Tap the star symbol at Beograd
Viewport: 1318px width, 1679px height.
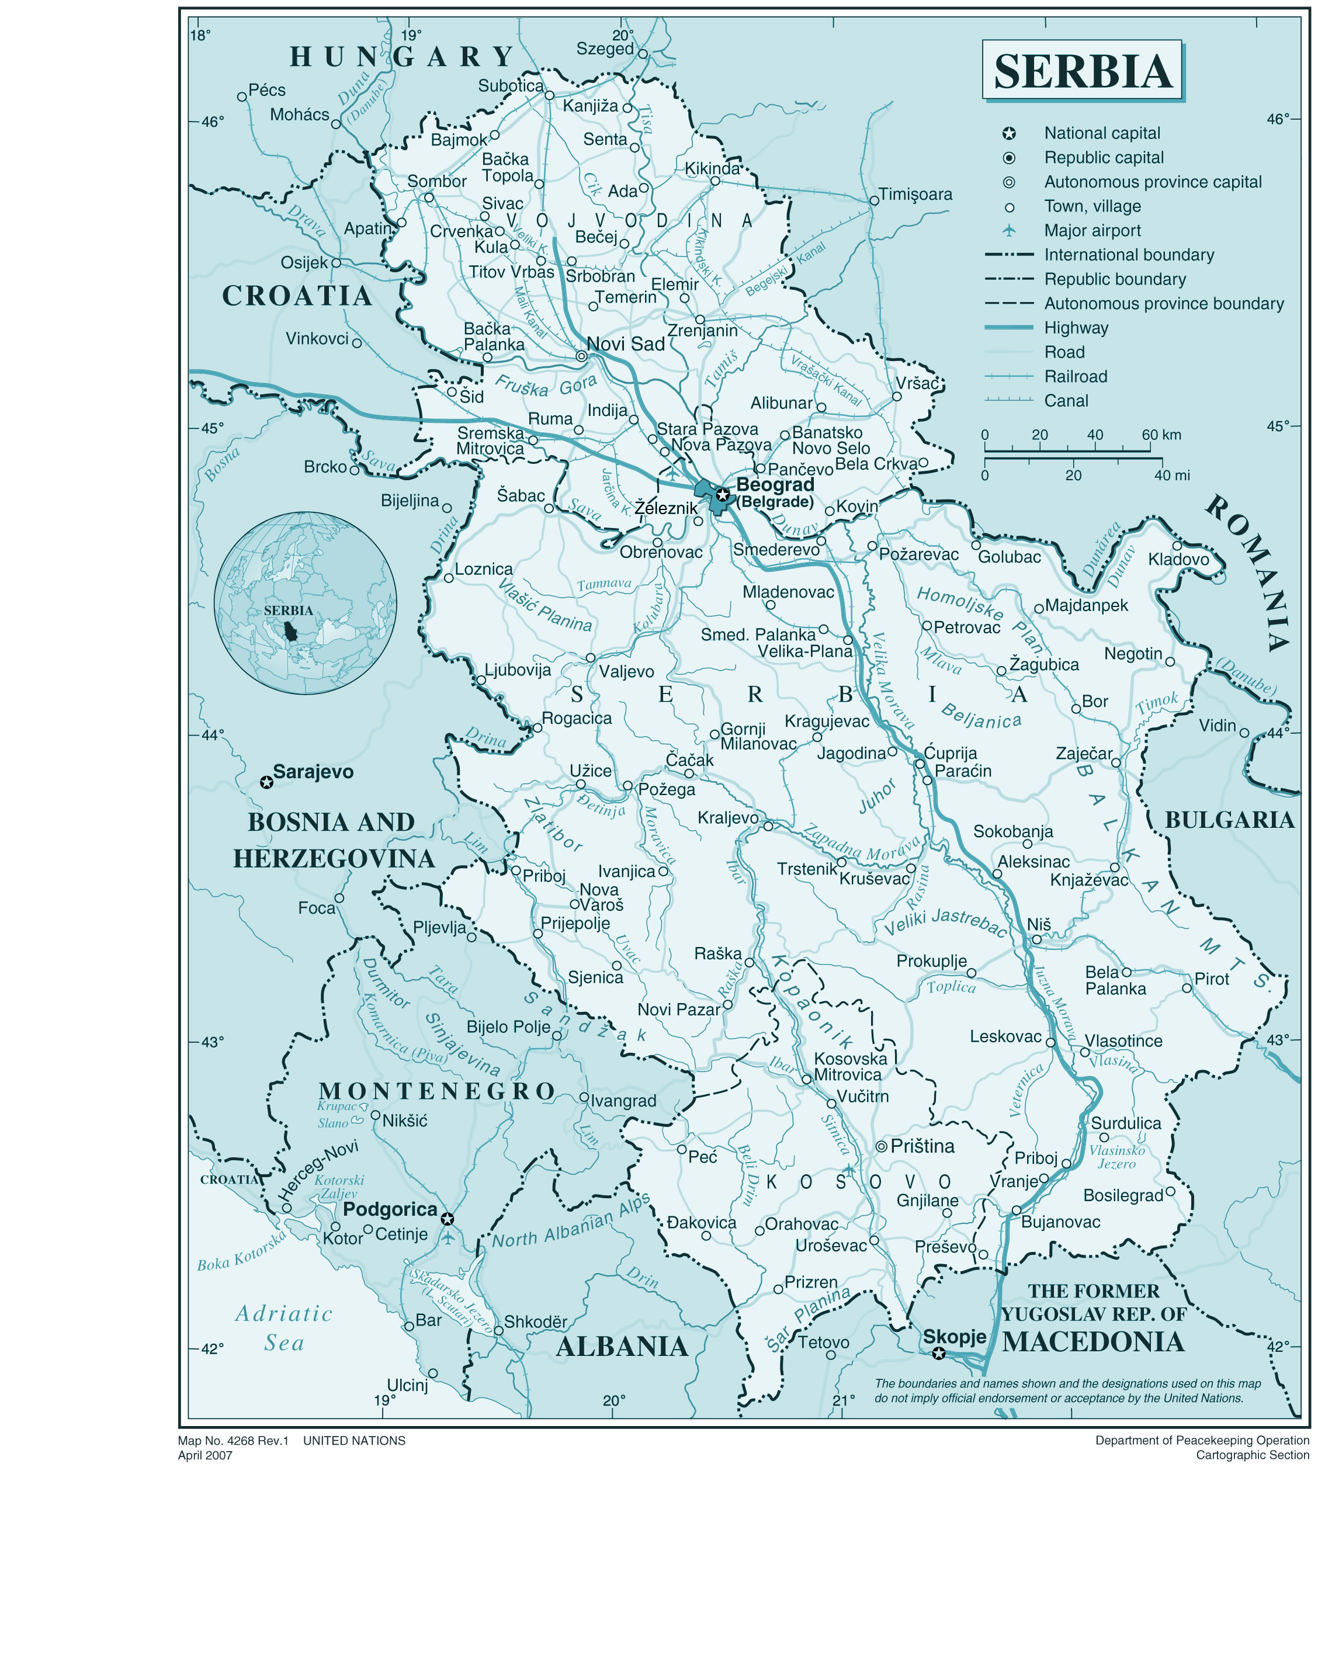point(722,494)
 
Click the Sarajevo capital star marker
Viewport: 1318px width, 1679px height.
point(266,782)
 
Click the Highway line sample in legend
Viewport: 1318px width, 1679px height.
point(1008,328)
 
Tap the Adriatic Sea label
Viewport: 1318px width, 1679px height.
point(283,1328)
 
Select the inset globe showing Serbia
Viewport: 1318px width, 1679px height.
point(306,603)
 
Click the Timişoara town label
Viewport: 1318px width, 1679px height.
point(915,195)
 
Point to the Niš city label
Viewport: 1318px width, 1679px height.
point(1039,924)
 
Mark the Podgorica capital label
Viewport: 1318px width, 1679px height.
point(390,1209)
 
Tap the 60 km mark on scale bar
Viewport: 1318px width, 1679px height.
point(1161,435)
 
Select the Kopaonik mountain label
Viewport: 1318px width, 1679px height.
point(812,1001)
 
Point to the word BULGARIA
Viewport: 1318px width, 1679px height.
point(1229,820)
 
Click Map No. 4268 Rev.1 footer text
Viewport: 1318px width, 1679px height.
point(233,1441)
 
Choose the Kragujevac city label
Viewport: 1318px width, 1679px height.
point(827,721)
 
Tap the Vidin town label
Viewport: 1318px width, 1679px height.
point(1218,726)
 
